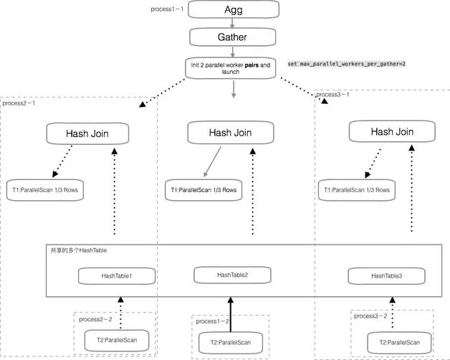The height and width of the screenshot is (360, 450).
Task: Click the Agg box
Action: (x=233, y=10)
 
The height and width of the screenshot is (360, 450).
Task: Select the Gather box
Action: (x=233, y=36)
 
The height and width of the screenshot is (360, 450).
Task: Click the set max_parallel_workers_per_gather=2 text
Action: (x=347, y=64)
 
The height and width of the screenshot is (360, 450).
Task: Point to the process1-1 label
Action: (x=168, y=9)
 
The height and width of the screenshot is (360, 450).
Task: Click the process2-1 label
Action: (x=19, y=103)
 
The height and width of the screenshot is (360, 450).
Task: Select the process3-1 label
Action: (x=334, y=94)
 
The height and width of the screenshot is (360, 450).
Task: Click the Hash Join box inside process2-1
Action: (x=87, y=133)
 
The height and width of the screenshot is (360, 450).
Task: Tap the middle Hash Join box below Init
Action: (x=230, y=132)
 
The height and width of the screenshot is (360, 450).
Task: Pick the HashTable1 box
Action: (x=117, y=276)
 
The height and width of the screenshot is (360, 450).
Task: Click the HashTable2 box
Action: (x=232, y=275)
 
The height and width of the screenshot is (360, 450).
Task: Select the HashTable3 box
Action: (x=387, y=276)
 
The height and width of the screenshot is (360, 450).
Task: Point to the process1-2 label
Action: (x=213, y=321)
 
